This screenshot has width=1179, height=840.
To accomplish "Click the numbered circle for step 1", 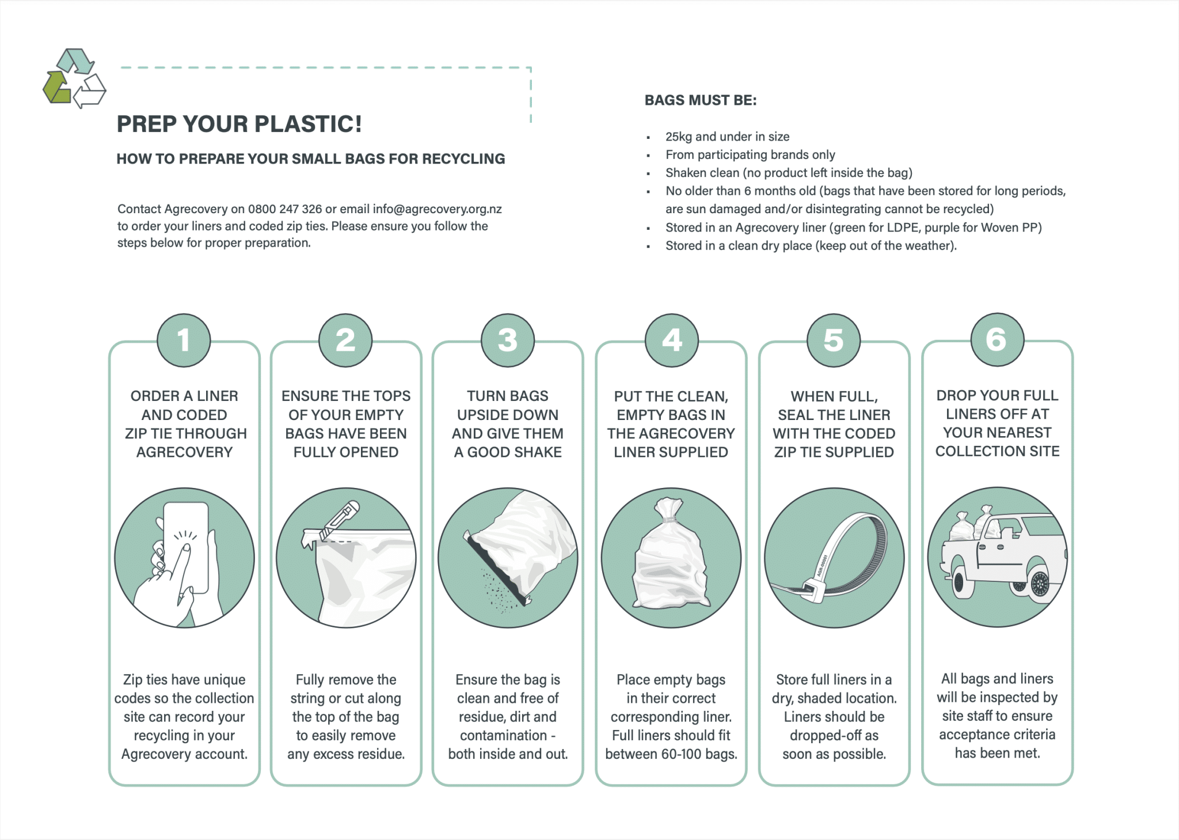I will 184,340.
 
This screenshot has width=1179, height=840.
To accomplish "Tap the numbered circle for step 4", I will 671,340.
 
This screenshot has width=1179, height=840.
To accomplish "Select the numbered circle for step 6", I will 997,339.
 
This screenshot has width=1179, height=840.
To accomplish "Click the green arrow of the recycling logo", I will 56,88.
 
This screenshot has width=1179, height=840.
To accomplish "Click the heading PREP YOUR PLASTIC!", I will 239,124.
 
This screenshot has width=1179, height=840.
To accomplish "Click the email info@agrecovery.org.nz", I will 437,209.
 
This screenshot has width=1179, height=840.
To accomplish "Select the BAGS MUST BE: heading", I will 700,100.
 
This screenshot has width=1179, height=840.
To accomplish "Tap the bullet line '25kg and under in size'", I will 727,137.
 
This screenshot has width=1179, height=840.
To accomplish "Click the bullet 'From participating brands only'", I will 750,154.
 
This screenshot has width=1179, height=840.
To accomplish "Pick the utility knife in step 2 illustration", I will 340,521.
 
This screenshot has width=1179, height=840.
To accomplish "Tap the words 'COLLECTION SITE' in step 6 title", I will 997,451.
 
